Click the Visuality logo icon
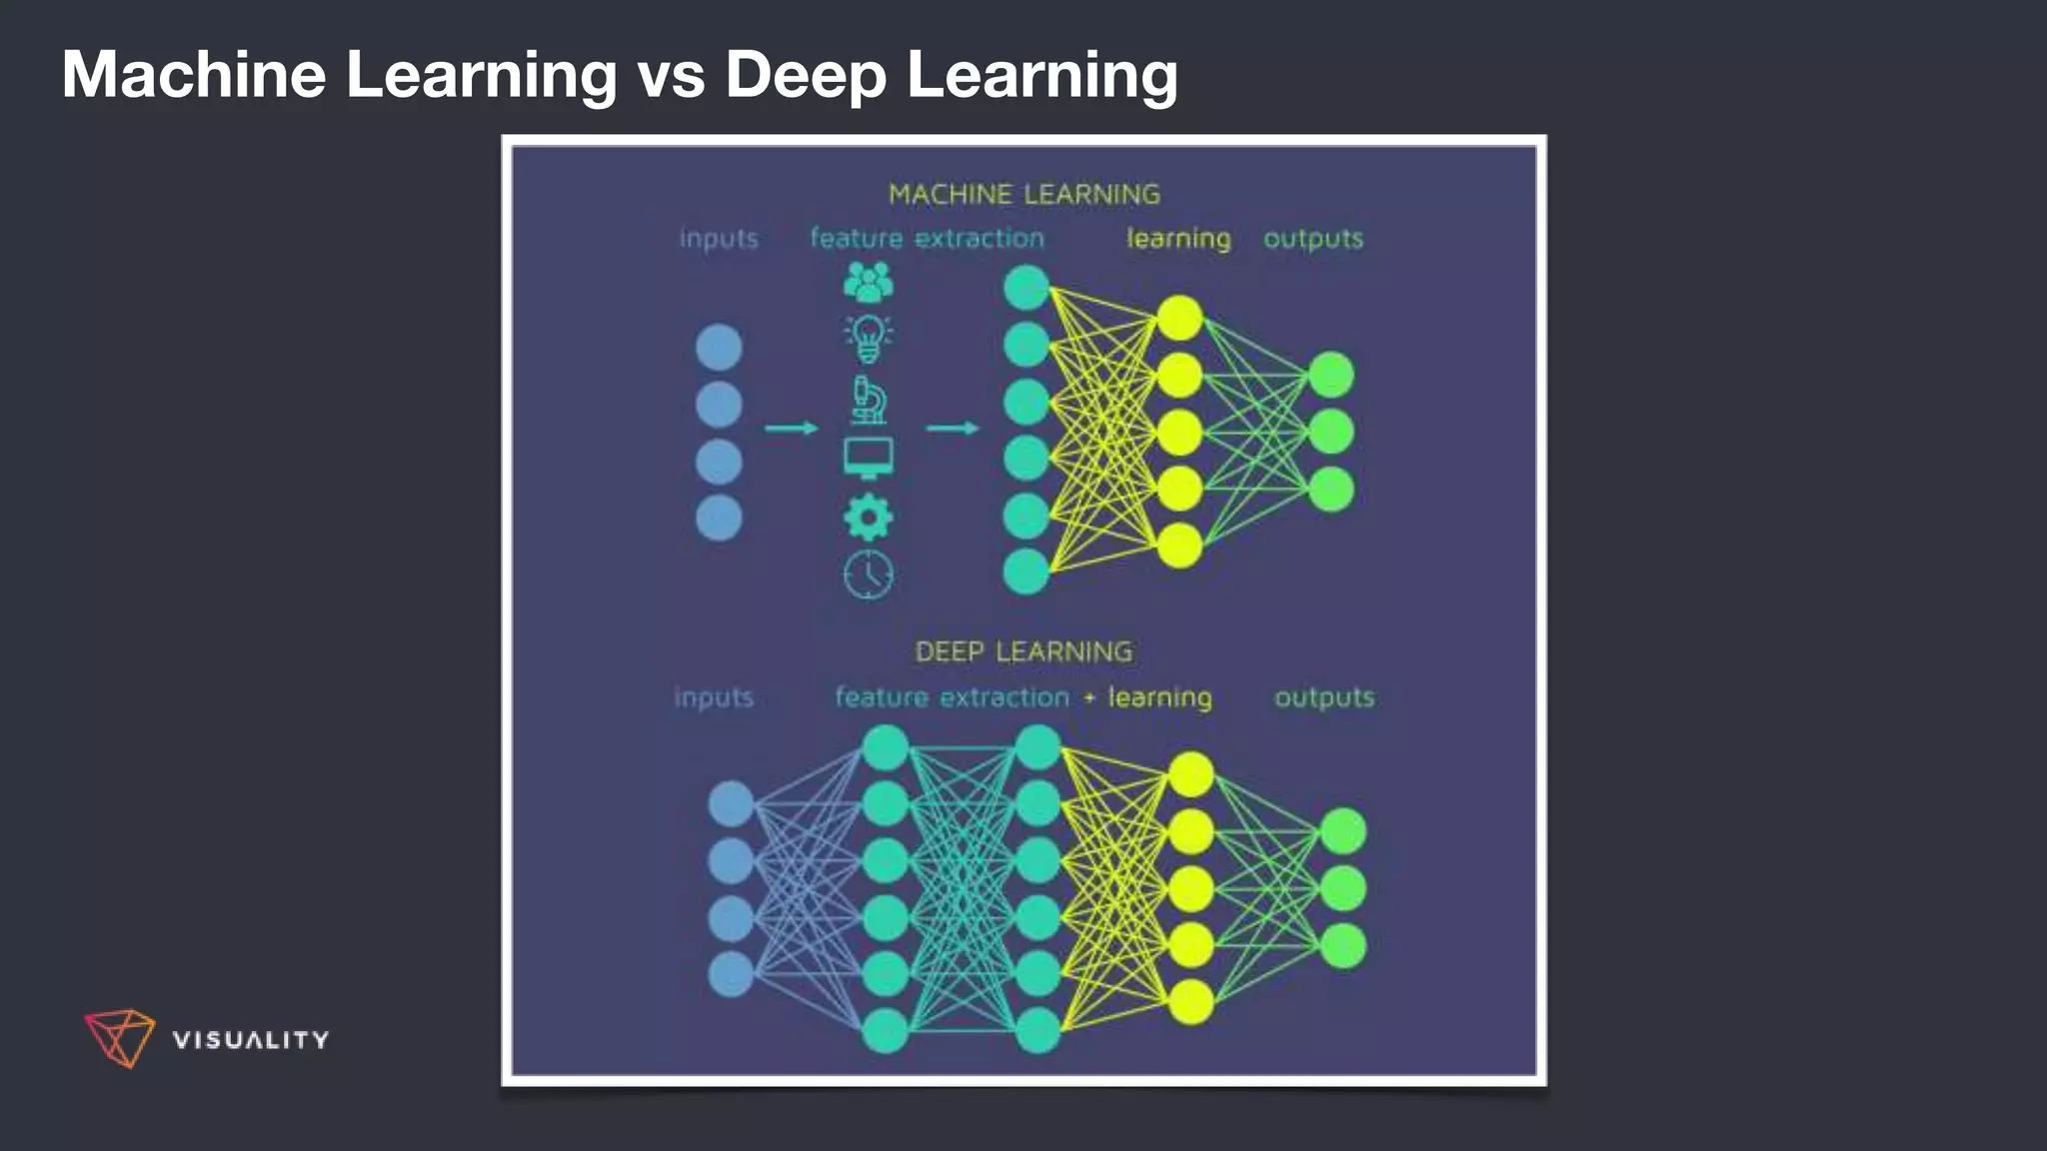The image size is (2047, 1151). point(119,1037)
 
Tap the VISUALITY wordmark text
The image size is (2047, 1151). point(250,1040)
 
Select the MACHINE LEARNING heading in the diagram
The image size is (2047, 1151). point(1023,194)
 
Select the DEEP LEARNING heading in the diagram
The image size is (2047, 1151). point(1023,651)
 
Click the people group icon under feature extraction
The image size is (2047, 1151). point(868,283)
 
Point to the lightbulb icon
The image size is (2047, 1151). point(868,338)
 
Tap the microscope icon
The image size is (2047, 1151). point(868,400)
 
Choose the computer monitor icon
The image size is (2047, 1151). point(868,458)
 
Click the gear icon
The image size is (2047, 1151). point(868,518)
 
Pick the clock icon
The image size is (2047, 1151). point(868,575)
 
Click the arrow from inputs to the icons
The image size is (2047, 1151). point(791,428)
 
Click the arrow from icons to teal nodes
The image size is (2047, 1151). point(952,428)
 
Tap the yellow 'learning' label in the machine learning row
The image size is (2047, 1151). point(1178,239)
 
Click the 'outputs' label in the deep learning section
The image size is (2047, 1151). point(1323,697)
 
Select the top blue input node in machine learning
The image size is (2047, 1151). point(718,348)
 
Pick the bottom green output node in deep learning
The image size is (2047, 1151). point(1342,945)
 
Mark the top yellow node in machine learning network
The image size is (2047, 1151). point(1179,318)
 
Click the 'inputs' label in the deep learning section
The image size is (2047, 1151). point(713,697)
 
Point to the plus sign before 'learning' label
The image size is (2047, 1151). point(1089,698)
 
